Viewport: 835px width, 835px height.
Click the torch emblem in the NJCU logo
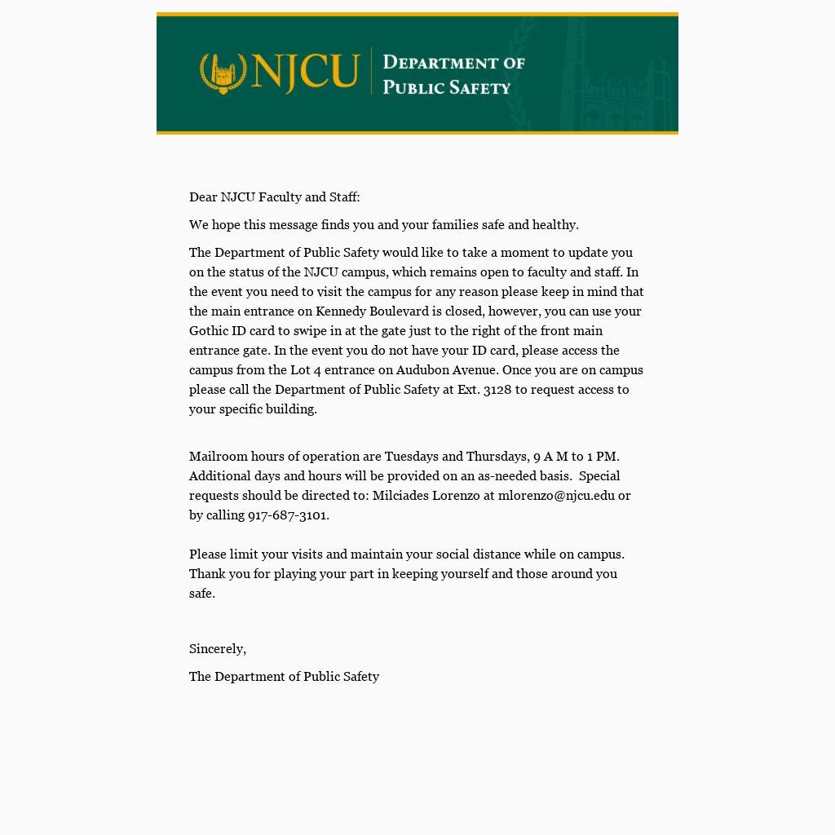coord(223,73)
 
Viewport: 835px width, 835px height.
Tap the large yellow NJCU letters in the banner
coord(305,72)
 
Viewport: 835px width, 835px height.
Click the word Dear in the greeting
coord(203,197)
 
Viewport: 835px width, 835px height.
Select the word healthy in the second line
coord(554,224)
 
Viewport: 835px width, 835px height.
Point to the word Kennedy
coord(341,311)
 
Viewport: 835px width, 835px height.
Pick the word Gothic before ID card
coord(209,330)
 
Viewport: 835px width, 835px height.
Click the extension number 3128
coord(497,389)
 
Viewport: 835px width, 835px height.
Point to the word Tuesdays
coord(411,456)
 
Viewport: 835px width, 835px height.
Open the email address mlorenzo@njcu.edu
coord(556,495)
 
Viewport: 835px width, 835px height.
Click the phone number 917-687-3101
coord(288,515)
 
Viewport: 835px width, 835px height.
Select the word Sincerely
coord(217,648)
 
